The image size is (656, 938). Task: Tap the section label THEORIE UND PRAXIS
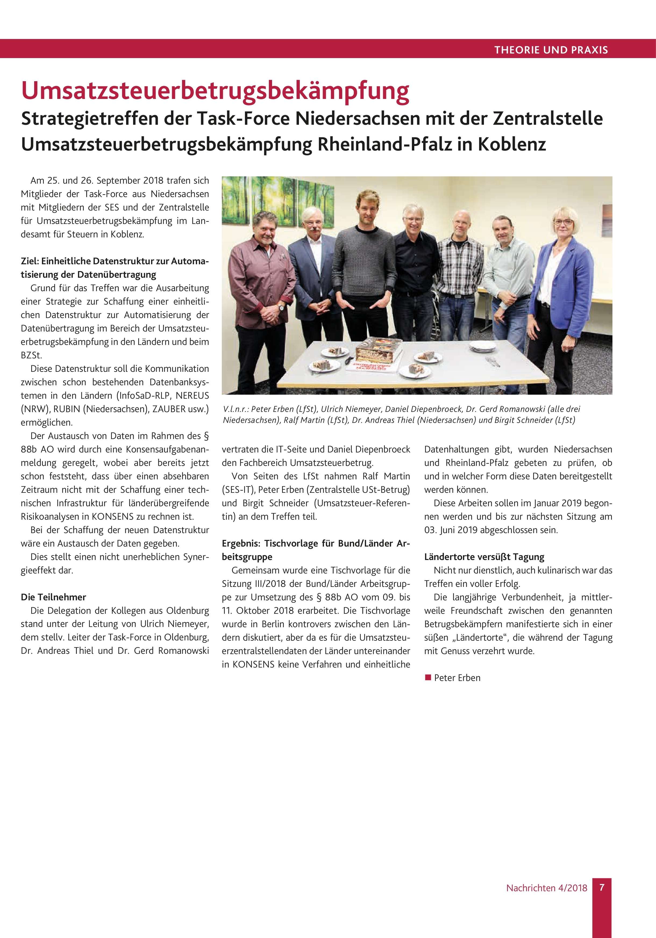pyautogui.click(x=551, y=50)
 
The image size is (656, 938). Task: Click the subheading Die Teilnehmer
pyautogui.click(x=54, y=597)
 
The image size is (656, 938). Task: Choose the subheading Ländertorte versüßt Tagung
pyautogui.click(x=484, y=557)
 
